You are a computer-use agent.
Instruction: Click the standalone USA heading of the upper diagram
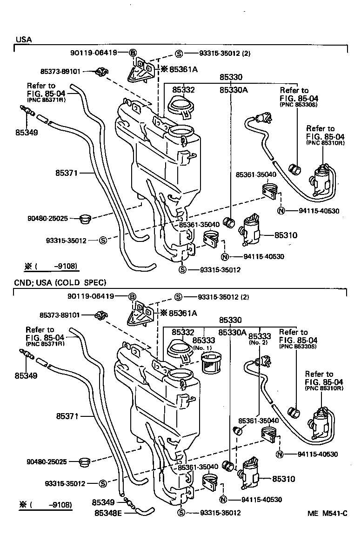coord(24,40)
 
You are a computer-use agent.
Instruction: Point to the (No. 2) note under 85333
coord(259,343)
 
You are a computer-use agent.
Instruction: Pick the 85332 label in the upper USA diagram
coord(183,90)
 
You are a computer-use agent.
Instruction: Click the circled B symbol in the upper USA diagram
coord(133,53)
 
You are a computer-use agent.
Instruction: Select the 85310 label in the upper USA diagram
coord(286,235)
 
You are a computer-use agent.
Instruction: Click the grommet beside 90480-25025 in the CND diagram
coord(85,462)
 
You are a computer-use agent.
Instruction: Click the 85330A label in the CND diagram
coord(233,333)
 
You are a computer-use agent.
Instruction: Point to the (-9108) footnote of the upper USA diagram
coord(51,267)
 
